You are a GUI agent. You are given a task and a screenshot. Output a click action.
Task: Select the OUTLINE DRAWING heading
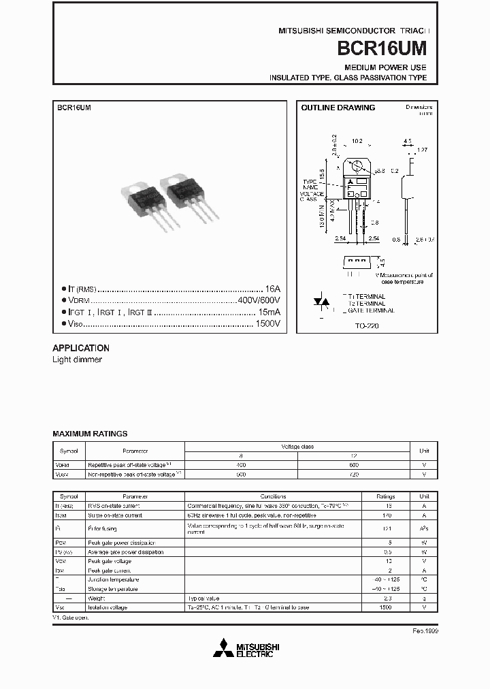pyautogui.click(x=338, y=108)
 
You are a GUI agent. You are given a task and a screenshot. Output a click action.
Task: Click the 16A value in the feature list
pyautogui.click(x=272, y=289)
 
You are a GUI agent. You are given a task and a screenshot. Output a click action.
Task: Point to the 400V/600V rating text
pyautogui.click(x=259, y=300)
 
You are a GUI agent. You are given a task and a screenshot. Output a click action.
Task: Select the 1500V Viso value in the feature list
pyautogui.click(x=268, y=323)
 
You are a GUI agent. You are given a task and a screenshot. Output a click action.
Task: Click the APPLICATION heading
pyautogui.click(x=81, y=347)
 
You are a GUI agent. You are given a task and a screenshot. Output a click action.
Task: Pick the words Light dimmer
pyautogui.click(x=77, y=359)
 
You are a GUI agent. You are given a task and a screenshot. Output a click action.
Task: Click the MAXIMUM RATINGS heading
pyautogui.click(x=90, y=434)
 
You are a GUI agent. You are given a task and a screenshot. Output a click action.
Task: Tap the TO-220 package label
pyautogui.click(x=367, y=326)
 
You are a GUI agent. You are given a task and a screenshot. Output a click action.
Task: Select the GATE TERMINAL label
pyautogui.click(x=371, y=310)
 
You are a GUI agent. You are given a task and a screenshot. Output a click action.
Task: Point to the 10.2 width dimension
pyautogui.click(x=356, y=142)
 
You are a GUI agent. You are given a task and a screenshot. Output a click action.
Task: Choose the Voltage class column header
pyautogui.click(x=297, y=447)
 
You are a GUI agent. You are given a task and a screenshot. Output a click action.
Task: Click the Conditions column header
pyautogui.click(x=273, y=497)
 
